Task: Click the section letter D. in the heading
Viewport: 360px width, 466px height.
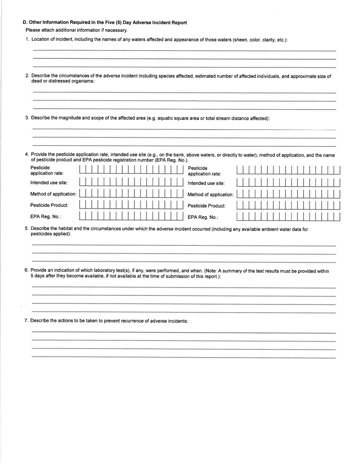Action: [x=25, y=23]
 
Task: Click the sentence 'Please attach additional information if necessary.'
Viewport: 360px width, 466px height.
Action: [x=77, y=30]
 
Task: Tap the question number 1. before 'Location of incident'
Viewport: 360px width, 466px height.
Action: [x=27, y=40]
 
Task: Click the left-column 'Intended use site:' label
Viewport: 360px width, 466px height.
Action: [x=49, y=183]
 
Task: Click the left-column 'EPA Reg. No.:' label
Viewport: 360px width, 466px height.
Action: [x=45, y=216]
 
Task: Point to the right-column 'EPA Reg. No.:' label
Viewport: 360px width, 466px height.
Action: [x=203, y=217]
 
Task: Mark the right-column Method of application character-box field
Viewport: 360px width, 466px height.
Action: [x=288, y=194]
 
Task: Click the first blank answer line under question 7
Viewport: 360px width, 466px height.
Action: [x=184, y=332]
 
